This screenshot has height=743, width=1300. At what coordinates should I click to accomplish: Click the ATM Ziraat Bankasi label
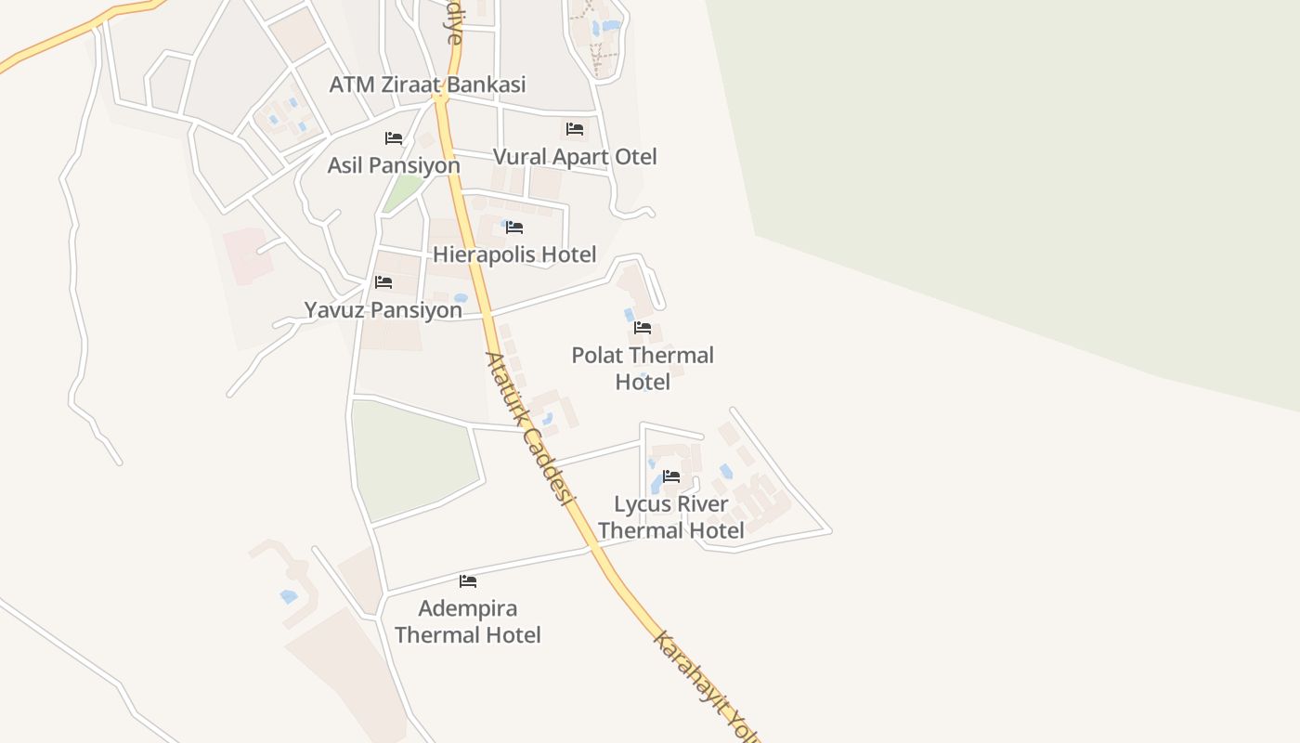point(427,85)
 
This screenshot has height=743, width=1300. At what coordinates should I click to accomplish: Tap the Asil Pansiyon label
point(394,165)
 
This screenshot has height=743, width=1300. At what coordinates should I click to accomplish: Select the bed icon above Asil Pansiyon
point(394,138)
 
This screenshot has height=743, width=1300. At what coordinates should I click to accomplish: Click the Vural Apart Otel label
point(575,157)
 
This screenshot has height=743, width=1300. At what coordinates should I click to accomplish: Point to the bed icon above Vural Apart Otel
point(575,129)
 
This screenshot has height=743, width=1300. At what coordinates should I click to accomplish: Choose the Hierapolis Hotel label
point(514,254)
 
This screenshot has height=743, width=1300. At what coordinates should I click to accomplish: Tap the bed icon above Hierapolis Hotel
point(514,228)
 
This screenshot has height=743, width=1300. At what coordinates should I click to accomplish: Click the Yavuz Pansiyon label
point(383,310)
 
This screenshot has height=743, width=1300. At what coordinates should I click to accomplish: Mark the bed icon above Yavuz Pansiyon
point(383,282)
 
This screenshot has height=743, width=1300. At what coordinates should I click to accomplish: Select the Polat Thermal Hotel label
point(643,368)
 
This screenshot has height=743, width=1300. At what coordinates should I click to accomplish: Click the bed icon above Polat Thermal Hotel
point(643,328)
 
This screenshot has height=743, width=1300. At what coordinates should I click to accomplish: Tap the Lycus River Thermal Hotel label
point(671,517)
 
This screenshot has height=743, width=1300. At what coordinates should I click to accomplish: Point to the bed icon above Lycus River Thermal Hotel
point(671,476)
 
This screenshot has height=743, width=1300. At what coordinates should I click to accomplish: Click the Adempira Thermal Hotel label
point(468,621)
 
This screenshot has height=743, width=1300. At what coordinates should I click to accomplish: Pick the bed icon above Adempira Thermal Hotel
point(468,581)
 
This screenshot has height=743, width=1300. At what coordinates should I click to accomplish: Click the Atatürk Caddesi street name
point(526,427)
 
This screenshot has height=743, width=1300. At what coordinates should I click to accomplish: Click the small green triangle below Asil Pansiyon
point(403,193)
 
